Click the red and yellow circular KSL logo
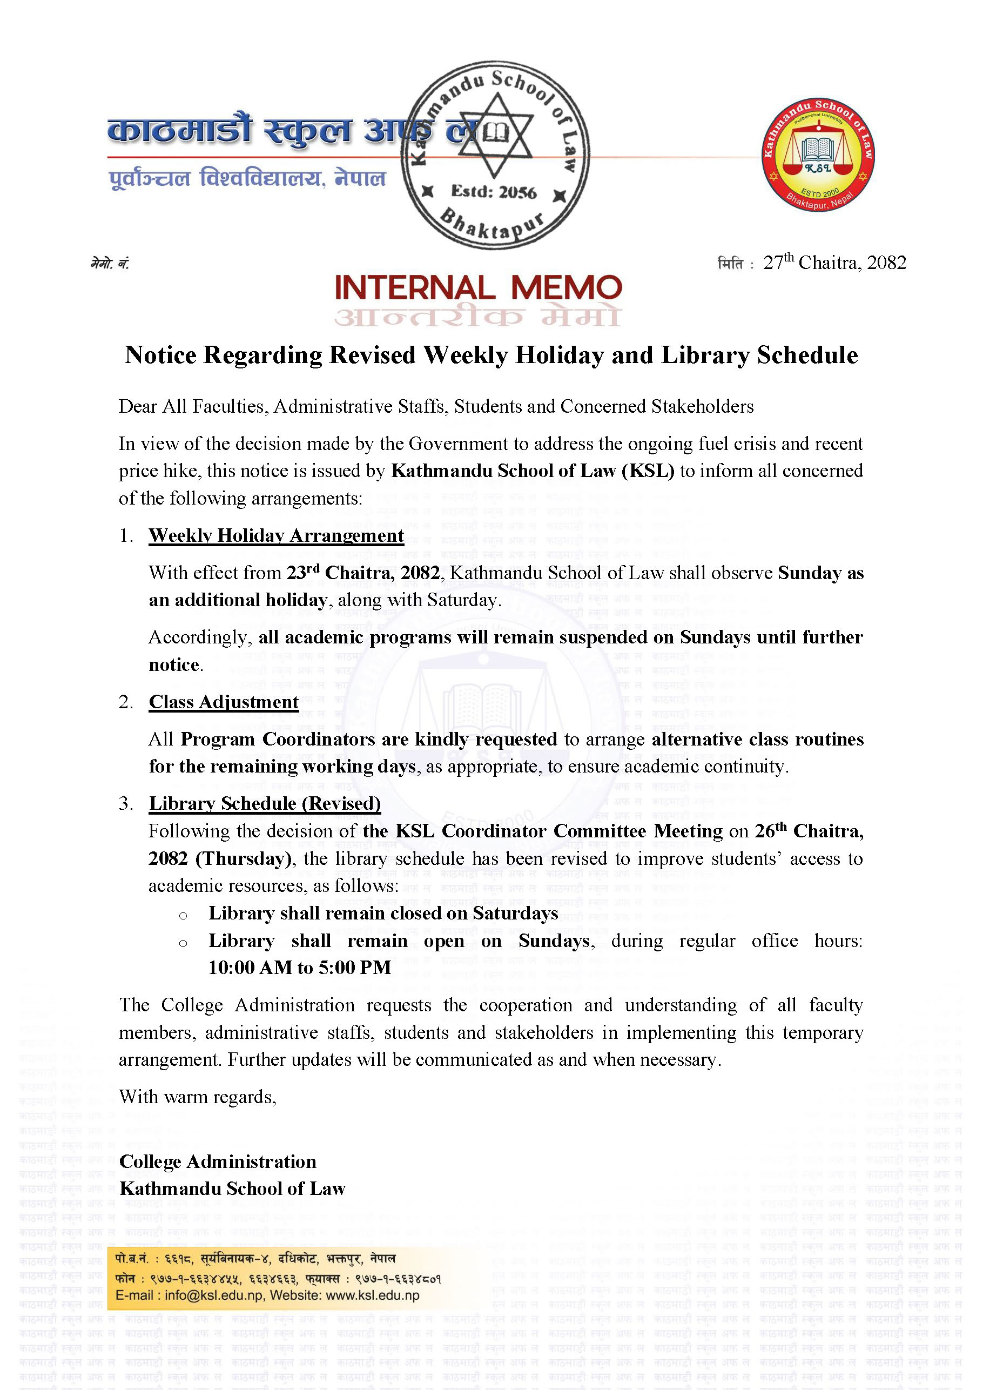817,155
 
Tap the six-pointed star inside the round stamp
495,135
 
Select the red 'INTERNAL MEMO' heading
478,288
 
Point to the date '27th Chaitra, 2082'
834,263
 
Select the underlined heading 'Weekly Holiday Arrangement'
276,536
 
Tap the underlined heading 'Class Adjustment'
224,702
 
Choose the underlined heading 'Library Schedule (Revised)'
265,803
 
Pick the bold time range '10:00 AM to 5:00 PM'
300,968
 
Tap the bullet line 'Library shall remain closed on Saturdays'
383,913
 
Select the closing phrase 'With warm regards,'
197,1097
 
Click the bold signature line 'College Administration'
218,1162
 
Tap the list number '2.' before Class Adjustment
126,702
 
